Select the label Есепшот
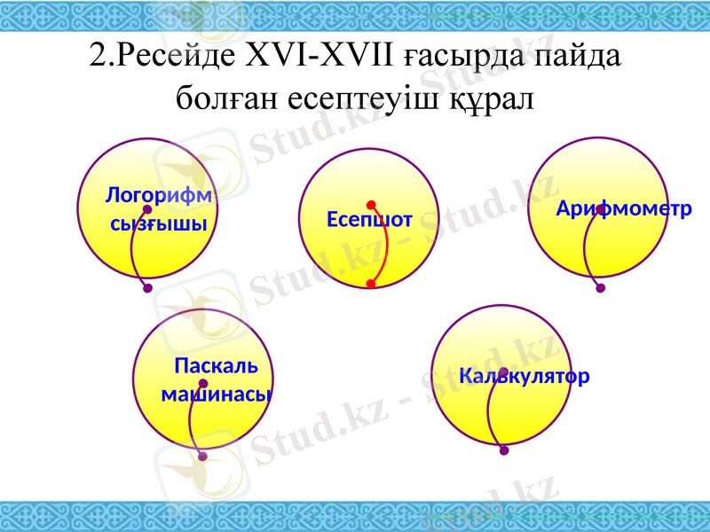pyautogui.click(x=369, y=219)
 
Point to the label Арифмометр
pyautogui.click(x=624, y=209)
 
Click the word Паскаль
pyautogui.click(x=216, y=365)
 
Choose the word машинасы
pyautogui.click(x=217, y=394)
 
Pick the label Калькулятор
pyautogui.click(x=525, y=376)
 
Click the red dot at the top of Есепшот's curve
pyautogui.click(x=371, y=205)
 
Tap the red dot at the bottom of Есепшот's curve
pyautogui.click(x=371, y=284)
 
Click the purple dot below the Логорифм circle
pyautogui.click(x=147, y=287)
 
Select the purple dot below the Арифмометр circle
pyautogui.click(x=601, y=287)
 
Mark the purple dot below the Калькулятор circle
pyautogui.click(x=504, y=450)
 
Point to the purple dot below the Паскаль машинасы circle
pyautogui.click(x=202, y=457)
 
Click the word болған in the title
pyautogui.click(x=227, y=96)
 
